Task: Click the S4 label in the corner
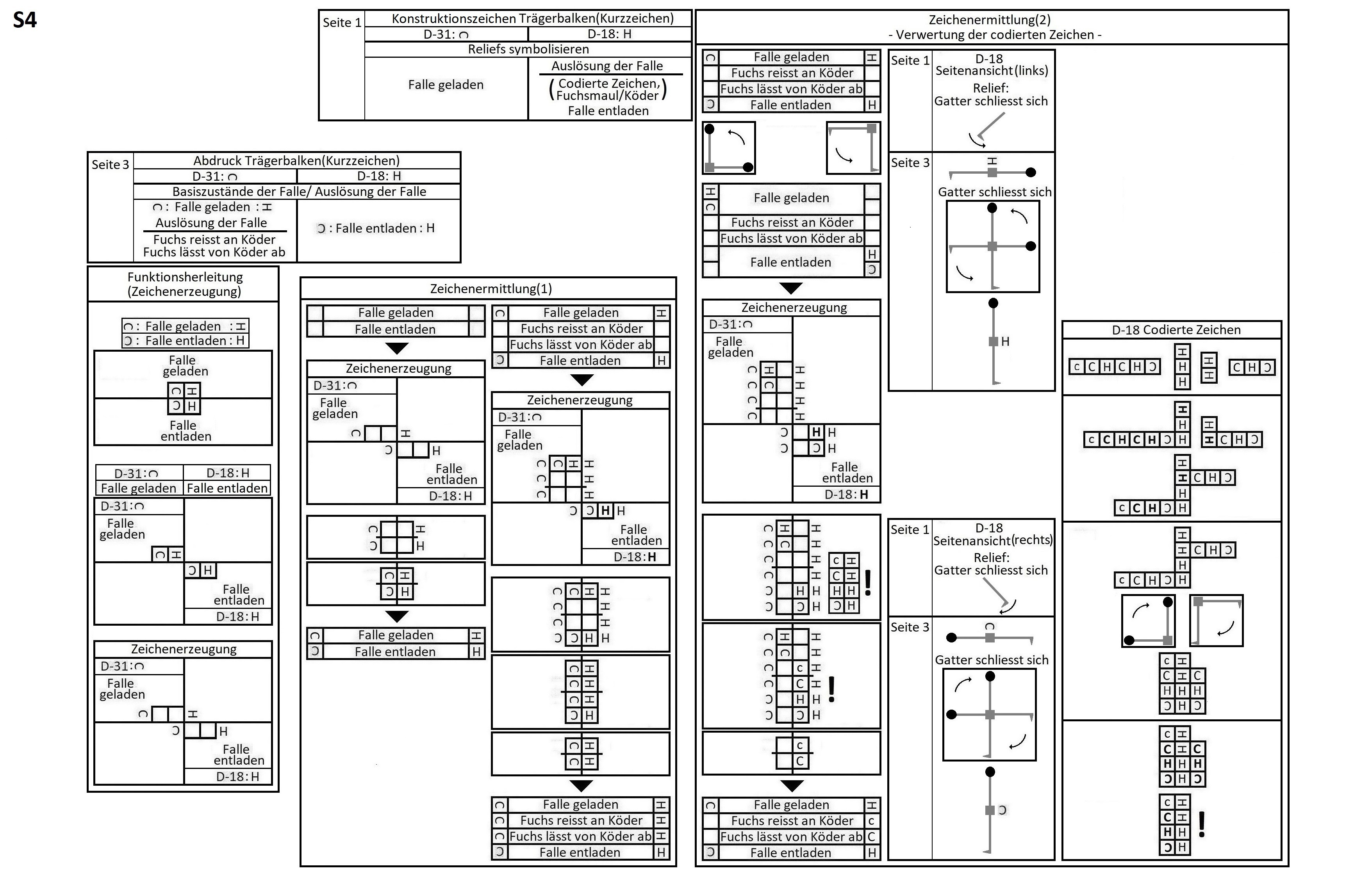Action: click(25, 20)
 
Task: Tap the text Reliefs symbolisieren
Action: click(528, 49)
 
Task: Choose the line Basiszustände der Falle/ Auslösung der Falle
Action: click(299, 192)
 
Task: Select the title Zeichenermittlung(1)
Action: click(491, 289)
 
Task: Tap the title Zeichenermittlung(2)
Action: click(990, 20)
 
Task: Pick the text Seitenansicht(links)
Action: click(991, 71)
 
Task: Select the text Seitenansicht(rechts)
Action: click(992, 540)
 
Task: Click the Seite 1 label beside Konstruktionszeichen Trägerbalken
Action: click(341, 23)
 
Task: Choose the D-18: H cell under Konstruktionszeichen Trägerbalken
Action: click(609, 34)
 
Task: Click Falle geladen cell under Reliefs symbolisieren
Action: click(446, 85)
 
